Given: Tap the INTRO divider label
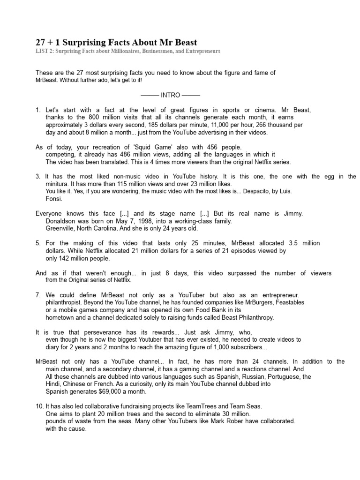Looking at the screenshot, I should [x=170, y=95].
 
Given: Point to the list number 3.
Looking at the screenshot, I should [x=38, y=177].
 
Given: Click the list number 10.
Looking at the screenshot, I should [x=40, y=406].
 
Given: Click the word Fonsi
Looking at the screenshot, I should [x=54, y=199].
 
